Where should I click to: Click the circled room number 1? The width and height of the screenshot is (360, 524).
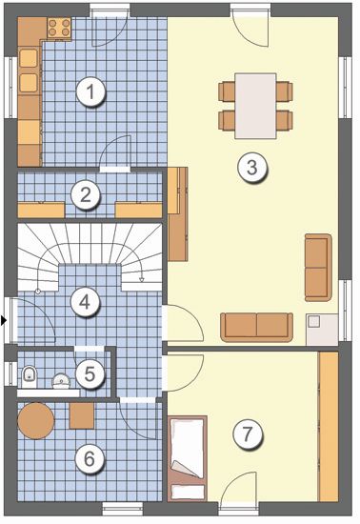click(x=90, y=91)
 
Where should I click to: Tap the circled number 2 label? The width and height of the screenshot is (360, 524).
click(x=86, y=194)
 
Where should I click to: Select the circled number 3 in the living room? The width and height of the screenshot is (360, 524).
click(x=252, y=167)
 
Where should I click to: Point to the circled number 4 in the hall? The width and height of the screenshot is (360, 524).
click(x=85, y=302)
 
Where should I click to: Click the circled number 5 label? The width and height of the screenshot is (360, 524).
click(x=90, y=373)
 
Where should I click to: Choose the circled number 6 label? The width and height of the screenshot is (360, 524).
click(x=90, y=458)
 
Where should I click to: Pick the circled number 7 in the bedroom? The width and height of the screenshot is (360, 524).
click(x=248, y=434)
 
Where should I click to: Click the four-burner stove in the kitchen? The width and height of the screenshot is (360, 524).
click(x=59, y=28)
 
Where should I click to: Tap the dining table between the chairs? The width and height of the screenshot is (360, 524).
click(x=256, y=106)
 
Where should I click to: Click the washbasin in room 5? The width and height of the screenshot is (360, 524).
click(x=62, y=381)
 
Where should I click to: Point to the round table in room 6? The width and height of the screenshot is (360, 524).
click(x=36, y=421)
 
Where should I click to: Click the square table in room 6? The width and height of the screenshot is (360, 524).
click(x=82, y=415)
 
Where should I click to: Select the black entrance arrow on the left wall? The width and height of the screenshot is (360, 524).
click(x=4, y=321)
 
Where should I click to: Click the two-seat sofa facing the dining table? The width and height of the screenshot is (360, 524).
click(x=256, y=327)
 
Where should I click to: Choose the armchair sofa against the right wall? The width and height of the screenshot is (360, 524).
click(x=318, y=268)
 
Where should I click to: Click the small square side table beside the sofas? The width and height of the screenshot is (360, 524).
click(x=322, y=330)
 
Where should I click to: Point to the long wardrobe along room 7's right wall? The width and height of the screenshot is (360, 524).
click(x=329, y=427)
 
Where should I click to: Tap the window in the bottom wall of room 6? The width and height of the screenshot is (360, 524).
click(x=122, y=509)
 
